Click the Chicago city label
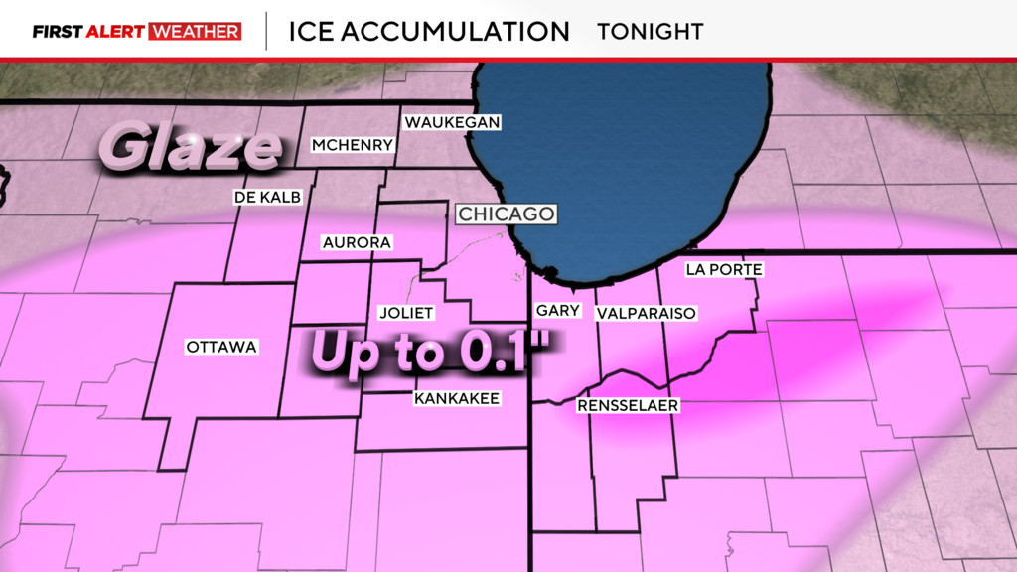[x=505, y=214]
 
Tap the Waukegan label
[x=451, y=122]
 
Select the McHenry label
[x=353, y=145]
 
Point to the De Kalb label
[x=267, y=197]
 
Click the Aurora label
[x=357, y=242]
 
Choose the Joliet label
[x=407, y=313]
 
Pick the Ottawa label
[x=221, y=347]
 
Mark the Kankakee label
[x=456, y=398]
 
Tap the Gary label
[x=557, y=311]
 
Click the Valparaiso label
[x=646, y=313]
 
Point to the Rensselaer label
[x=628, y=405]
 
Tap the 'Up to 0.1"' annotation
[x=433, y=352]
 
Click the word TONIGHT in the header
[x=650, y=31]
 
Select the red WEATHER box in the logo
[x=195, y=31]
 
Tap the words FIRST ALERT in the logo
[x=88, y=31]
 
